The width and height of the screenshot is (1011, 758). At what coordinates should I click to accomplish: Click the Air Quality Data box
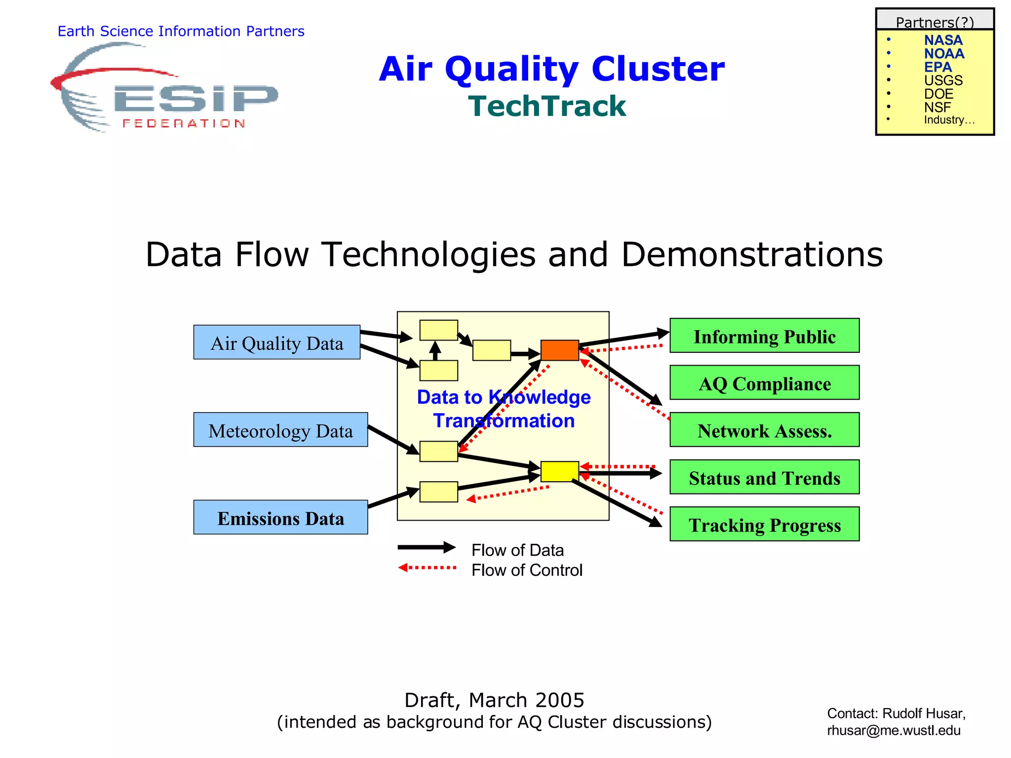276,342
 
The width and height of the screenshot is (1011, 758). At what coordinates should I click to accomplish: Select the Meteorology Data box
280,430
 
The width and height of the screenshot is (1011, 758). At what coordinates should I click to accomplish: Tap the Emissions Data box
280,517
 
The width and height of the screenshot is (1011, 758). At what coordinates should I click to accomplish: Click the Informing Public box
764,336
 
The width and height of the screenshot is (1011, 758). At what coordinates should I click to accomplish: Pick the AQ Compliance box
764,382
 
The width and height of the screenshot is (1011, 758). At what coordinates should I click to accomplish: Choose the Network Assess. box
764,430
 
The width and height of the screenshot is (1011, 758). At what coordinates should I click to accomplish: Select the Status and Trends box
764,477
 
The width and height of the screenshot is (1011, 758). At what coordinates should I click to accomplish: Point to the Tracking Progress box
764,524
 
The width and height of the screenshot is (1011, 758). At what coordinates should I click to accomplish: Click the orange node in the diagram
559,350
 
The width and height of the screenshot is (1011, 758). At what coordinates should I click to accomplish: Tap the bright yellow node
559,471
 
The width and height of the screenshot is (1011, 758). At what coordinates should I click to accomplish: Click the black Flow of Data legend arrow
427,547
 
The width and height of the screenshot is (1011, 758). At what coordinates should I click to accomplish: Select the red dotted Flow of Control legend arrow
427,568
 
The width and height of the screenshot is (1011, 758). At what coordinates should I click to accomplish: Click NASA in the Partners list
943,40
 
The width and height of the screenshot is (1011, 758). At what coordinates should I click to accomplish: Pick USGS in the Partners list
943,80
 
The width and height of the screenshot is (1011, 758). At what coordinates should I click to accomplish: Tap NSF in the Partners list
937,107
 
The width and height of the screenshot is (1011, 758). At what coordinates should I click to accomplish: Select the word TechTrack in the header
547,106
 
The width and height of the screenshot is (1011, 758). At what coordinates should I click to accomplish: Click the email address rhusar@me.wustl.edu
894,730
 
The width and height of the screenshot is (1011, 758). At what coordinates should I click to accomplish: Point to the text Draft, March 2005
494,700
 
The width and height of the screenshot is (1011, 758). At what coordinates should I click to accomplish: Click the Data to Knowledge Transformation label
504,409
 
